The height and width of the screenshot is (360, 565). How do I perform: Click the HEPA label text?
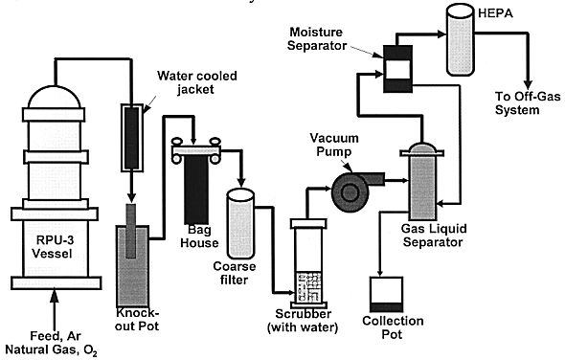(x=495, y=13)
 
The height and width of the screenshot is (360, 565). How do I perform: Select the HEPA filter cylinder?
(x=461, y=39)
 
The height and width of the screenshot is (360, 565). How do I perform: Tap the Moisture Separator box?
(x=397, y=69)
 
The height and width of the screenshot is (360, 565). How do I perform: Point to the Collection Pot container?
(x=386, y=294)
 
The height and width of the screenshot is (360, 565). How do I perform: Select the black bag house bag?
(x=196, y=190)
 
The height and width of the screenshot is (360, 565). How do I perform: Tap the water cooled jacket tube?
(x=131, y=138)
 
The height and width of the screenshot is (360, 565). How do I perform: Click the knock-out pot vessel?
(x=132, y=266)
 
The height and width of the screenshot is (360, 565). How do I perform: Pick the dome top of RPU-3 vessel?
(x=55, y=97)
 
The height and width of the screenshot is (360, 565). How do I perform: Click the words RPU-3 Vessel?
(x=53, y=247)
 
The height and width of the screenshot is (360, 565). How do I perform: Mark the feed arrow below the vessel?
(x=55, y=310)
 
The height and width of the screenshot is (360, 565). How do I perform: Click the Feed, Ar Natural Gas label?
(x=52, y=344)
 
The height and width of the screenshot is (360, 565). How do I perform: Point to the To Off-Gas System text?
(x=528, y=103)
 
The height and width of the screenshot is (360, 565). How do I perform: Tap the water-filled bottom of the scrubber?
(x=308, y=287)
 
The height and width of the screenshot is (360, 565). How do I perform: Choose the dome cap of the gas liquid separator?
(x=423, y=147)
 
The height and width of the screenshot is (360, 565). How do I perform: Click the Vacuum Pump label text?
(x=334, y=145)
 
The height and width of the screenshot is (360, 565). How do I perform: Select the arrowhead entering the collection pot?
(x=380, y=273)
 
